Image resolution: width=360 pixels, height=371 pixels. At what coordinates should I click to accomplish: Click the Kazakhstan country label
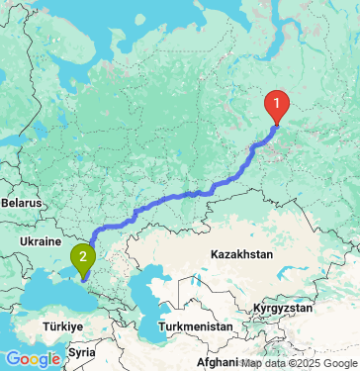(241, 254)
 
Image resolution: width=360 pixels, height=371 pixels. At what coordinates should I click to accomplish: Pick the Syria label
(82, 351)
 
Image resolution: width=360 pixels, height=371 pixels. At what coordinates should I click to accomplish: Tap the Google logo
(33, 358)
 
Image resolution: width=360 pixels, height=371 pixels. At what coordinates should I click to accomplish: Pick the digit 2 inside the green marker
(83, 256)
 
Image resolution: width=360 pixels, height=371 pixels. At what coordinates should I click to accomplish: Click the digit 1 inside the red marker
(277, 100)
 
